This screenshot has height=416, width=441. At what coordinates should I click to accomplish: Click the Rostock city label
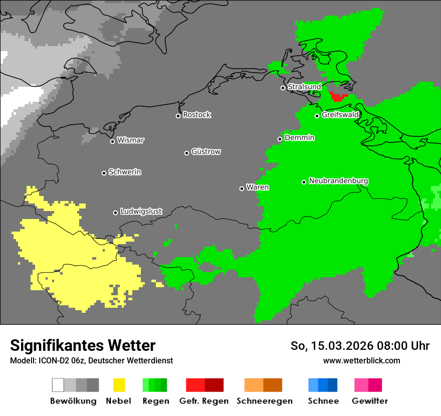[x=197, y=115]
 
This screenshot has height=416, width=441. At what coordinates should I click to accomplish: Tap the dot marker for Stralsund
[x=283, y=88]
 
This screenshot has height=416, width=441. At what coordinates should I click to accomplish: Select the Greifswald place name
[x=340, y=115]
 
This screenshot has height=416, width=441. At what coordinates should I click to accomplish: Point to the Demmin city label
[x=299, y=138]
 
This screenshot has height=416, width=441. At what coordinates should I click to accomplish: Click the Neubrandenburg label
[x=338, y=181]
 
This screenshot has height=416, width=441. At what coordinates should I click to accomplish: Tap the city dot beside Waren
[x=242, y=188]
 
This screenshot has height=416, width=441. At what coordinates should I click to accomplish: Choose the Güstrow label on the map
[x=206, y=152]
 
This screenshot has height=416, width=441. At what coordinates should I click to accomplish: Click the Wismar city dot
[x=112, y=141]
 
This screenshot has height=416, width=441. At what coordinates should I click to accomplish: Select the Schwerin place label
[x=125, y=172]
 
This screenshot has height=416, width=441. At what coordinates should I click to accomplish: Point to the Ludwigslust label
[x=141, y=212]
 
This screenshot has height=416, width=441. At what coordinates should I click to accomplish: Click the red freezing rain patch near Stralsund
[x=339, y=96]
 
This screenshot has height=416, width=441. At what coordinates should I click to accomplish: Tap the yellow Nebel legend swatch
[x=119, y=385]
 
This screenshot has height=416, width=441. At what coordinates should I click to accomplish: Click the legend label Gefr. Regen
[x=204, y=401]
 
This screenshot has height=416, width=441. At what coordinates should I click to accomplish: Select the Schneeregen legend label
[x=265, y=401]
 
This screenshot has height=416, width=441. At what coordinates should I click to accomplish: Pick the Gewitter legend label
[x=369, y=401]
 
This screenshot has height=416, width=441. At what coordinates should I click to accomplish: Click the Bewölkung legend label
[x=73, y=401]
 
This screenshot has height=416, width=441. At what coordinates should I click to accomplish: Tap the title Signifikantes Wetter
[x=83, y=345]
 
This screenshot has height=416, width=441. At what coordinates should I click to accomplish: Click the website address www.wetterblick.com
[x=361, y=360]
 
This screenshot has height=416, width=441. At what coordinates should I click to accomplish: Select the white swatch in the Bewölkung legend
[x=58, y=385]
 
